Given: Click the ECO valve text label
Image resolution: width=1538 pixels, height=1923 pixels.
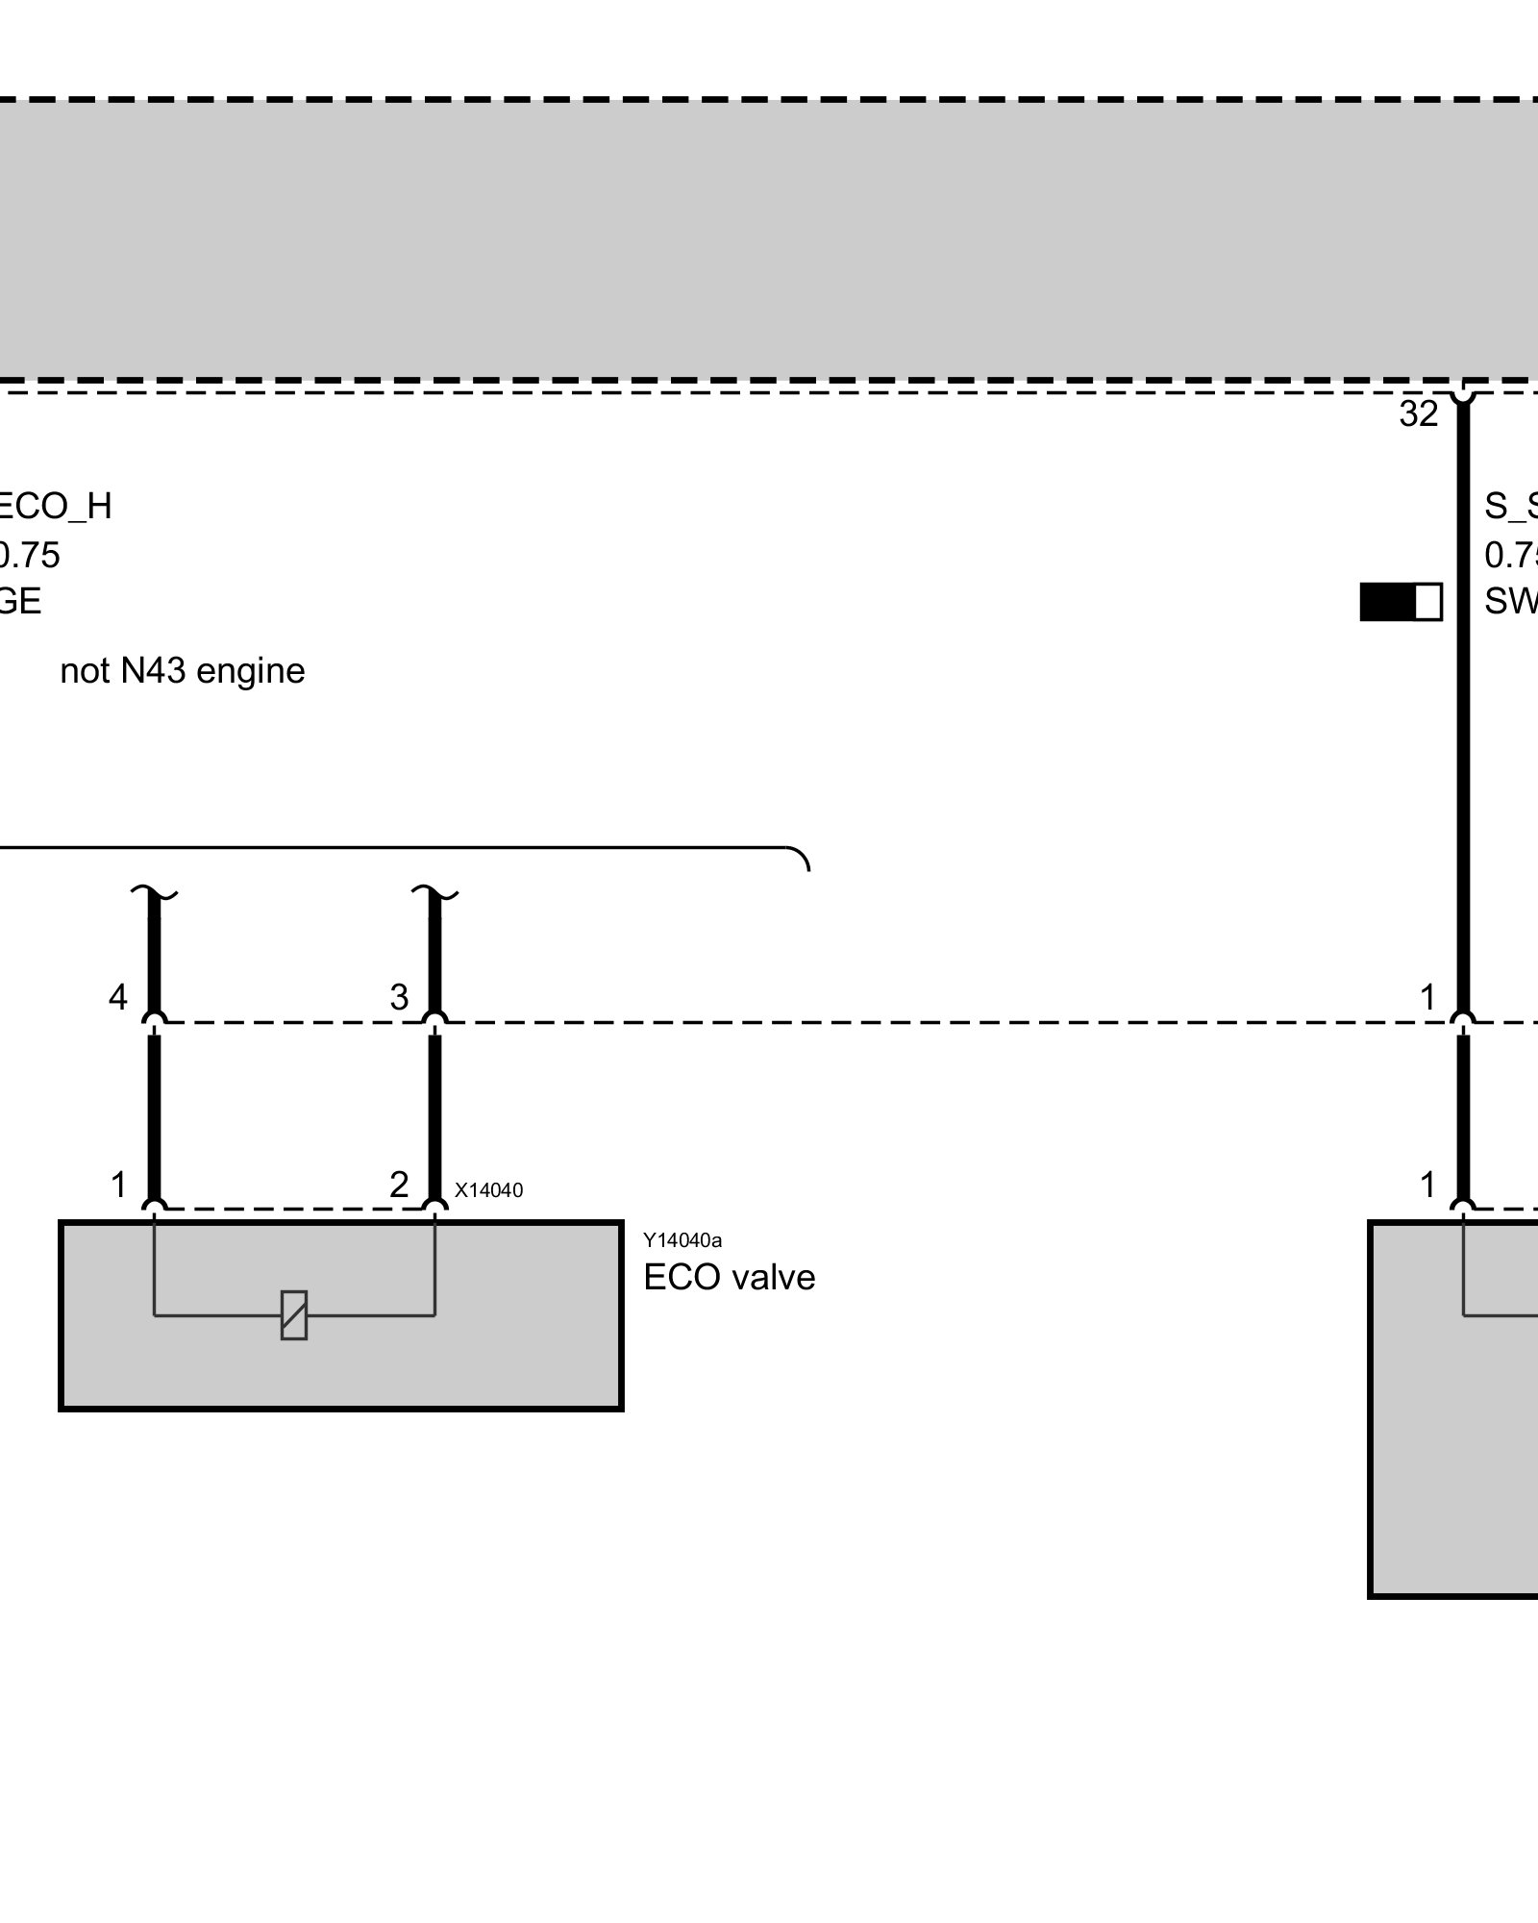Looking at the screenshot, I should point(729,1278).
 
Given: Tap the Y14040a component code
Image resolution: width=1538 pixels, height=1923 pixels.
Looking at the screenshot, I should point(682,1241).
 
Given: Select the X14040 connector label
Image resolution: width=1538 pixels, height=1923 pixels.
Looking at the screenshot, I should point(488,1190).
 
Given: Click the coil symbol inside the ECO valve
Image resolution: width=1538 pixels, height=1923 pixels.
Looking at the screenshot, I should point(294,1314).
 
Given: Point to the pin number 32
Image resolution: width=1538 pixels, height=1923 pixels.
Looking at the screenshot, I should point(1419,414).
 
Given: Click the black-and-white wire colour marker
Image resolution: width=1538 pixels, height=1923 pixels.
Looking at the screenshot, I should point(1401,602).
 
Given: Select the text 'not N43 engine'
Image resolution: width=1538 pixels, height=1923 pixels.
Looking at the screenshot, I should point(183,671).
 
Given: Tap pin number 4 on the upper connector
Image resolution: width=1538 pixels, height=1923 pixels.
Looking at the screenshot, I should point(117,998).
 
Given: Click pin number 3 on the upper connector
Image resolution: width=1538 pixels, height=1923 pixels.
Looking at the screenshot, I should point(399,998).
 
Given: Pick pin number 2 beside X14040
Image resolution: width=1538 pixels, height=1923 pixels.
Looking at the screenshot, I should point(399,1186).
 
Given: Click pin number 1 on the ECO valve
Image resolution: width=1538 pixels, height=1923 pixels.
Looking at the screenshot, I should point(118,1186).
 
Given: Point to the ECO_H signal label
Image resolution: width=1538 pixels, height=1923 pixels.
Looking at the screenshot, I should point(56,507).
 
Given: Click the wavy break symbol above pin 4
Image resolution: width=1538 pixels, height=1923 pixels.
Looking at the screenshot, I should point(154,895).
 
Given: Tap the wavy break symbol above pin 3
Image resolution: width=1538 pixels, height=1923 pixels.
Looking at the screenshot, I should point(434,895).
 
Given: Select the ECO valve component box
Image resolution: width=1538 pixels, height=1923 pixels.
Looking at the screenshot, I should point(341,1365).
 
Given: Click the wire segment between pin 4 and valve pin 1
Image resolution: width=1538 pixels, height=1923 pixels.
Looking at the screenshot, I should point(154,1115).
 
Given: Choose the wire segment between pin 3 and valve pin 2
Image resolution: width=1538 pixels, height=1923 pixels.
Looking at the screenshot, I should point(434,1115).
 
